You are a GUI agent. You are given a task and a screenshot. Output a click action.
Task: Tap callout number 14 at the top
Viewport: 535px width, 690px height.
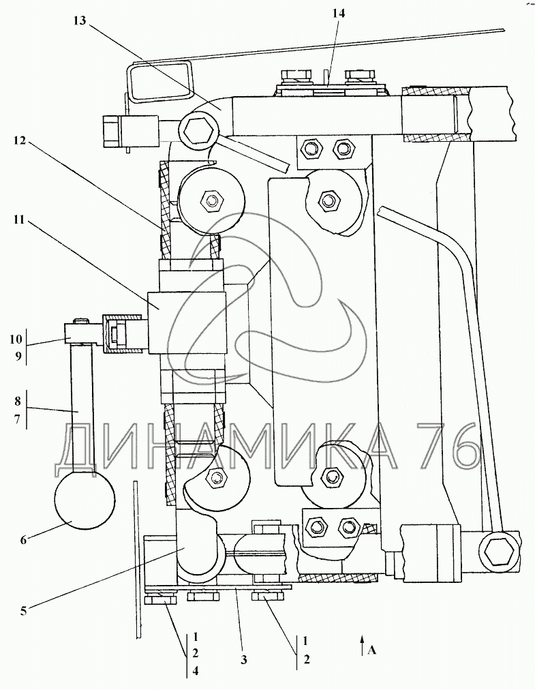coord(339,13)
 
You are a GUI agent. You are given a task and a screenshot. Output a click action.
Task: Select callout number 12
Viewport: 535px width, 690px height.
coord(20,141)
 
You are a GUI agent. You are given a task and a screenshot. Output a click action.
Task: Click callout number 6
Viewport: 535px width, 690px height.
coord(23,539)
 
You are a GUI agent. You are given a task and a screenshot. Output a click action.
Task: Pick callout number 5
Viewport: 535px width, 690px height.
coord(23,610)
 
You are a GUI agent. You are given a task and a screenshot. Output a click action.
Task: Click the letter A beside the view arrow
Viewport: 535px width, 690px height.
coord(372,650)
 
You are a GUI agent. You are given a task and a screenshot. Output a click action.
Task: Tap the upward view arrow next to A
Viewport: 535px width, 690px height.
coord(362,645)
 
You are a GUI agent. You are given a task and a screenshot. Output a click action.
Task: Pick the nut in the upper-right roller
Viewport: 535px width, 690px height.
coord(328,200)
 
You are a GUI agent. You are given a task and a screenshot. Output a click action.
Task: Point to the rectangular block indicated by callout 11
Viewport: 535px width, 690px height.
coord(187,322)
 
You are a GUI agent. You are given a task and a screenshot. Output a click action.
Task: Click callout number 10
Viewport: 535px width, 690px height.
coord(16,339)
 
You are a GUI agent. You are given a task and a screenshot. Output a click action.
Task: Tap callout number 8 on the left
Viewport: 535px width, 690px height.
coord(17,401)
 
